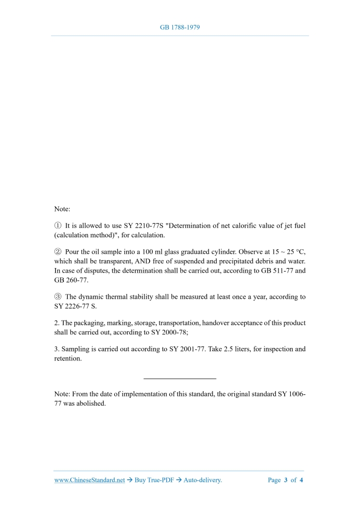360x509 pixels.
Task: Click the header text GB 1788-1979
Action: [x=180, y=26]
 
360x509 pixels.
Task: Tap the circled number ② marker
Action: [x=58, y=251]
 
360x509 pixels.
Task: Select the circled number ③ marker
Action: [x=58, y=297]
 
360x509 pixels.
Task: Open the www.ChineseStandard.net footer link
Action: [x=89, y=480]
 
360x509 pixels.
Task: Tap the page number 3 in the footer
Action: [x=286, y=480]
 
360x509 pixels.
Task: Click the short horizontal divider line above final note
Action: [x=179, y=378]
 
